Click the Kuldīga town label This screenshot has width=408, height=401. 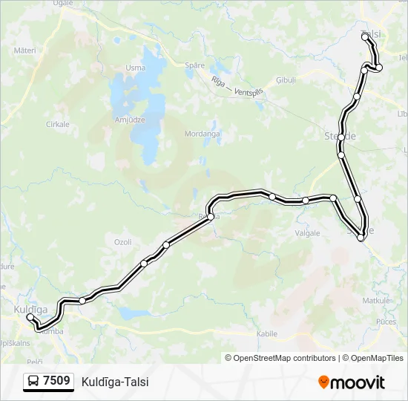(x=30, y=308)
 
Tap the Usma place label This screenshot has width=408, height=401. (x=135, y=68)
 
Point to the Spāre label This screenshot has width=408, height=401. (x=194, y=65)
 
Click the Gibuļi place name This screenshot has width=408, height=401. (x=286, y=79)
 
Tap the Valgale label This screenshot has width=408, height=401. (x=307, y=233)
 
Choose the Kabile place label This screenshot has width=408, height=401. (x=266, y=335)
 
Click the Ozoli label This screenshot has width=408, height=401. (x=122, y=242)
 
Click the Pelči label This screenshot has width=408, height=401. (x=33, y=359)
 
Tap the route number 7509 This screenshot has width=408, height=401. (x=57, y=382)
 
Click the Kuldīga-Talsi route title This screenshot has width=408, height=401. (x=116, y=382)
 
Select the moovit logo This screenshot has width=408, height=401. (x=352, y=382)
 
